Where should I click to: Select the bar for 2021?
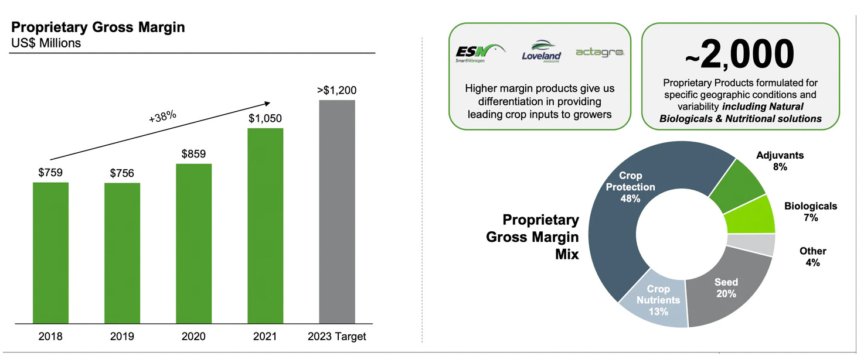pos(265,225)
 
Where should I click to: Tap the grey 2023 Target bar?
pos(337,211)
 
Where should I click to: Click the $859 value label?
pos(193,154)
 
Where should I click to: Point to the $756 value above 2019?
pos(122,173)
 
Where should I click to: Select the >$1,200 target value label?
pos(336,90)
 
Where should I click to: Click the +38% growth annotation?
pos(162,117)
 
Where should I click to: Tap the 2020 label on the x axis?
pos(193,337)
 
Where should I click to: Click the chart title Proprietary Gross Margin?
pos(98,28)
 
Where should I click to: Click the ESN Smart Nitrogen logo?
pos(478,52)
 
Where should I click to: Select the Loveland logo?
pos(541,52)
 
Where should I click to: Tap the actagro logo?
pos(600,52)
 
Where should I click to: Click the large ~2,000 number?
pos(740,56)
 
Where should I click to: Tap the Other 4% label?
pos(812,256)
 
